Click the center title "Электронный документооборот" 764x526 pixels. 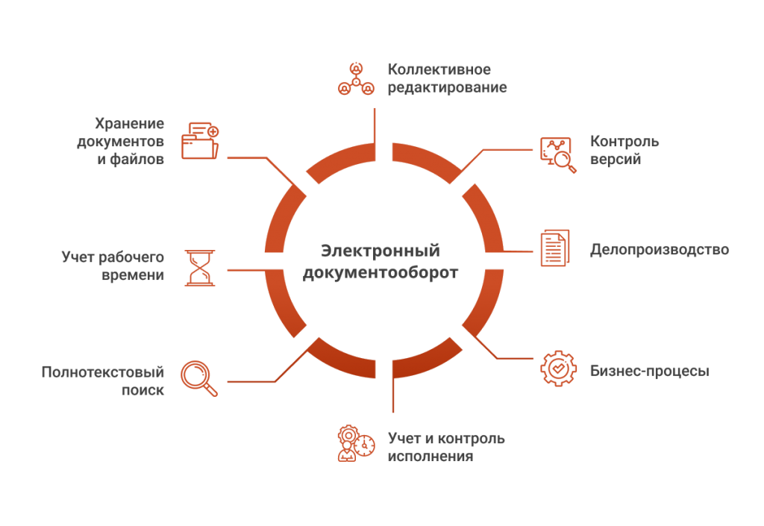click(381, 261)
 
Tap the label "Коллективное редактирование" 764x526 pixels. click(447, 78)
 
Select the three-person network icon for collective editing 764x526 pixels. click(356, 78)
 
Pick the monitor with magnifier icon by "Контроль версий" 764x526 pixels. click(557, 154)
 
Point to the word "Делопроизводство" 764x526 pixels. click(659, 249)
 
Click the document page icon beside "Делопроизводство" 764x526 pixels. click(554, 248)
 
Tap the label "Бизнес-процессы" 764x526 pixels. click(649, 370)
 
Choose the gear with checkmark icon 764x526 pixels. click(557, 369)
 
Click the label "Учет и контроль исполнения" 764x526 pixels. click(446, 446)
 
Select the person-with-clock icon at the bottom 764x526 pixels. click(354, 443)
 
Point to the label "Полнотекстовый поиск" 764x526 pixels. click(103, 381)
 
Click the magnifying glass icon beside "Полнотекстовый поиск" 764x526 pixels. click(201, 378)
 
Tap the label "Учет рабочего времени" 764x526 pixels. click(113, 266)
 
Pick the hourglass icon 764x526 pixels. click(199, 266)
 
